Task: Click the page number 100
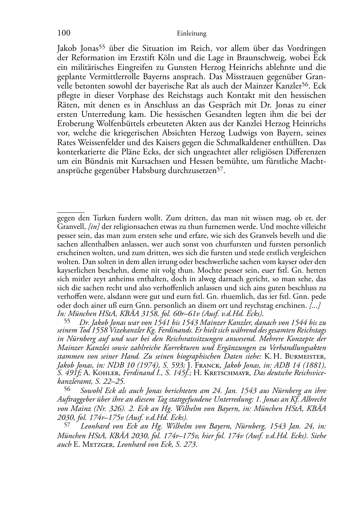(63, 33)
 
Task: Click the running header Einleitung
(192, 34)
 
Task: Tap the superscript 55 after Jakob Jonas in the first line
(101, 46)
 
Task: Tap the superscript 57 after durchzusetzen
(221, 169)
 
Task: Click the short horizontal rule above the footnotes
(71, 212)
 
